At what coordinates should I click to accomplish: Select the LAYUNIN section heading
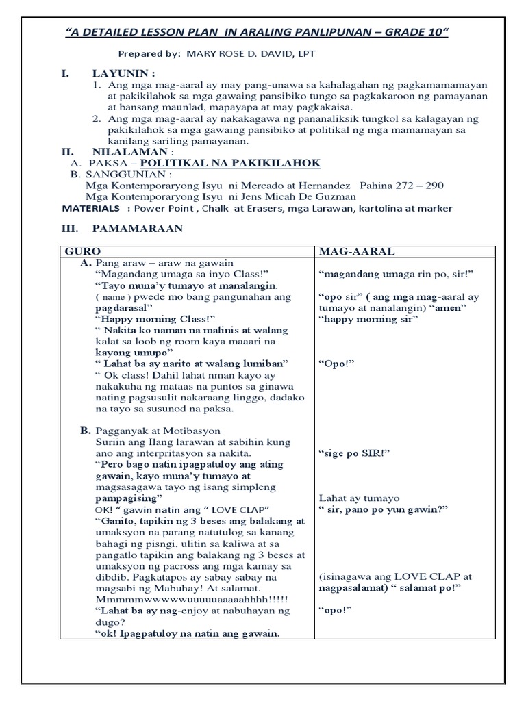(x=124, y=73)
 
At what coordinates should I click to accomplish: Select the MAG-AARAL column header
(x=356, y=251)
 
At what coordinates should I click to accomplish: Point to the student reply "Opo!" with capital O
(x=336, y=363)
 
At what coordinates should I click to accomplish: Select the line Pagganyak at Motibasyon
(x=158, y=431)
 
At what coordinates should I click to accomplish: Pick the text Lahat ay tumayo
(x=360, y=498)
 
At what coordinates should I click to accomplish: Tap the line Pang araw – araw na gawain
(x=164, y=263)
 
